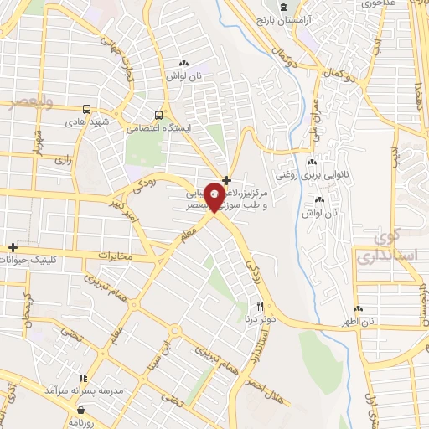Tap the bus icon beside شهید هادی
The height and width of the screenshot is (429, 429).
(86, 109)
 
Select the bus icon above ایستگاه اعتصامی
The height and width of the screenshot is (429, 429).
(158, 116)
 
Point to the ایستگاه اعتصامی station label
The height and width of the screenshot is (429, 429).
(158, 129)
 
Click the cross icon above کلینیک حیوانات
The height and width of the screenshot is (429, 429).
(13, 248)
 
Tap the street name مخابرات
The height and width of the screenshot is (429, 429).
(116, 254)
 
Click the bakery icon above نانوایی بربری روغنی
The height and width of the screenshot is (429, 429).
(312, 163)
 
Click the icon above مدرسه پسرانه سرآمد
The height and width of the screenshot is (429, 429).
(82, 379)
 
